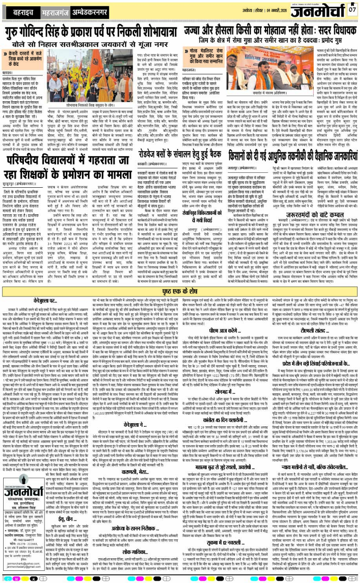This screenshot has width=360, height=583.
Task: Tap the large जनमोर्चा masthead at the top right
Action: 319,10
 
